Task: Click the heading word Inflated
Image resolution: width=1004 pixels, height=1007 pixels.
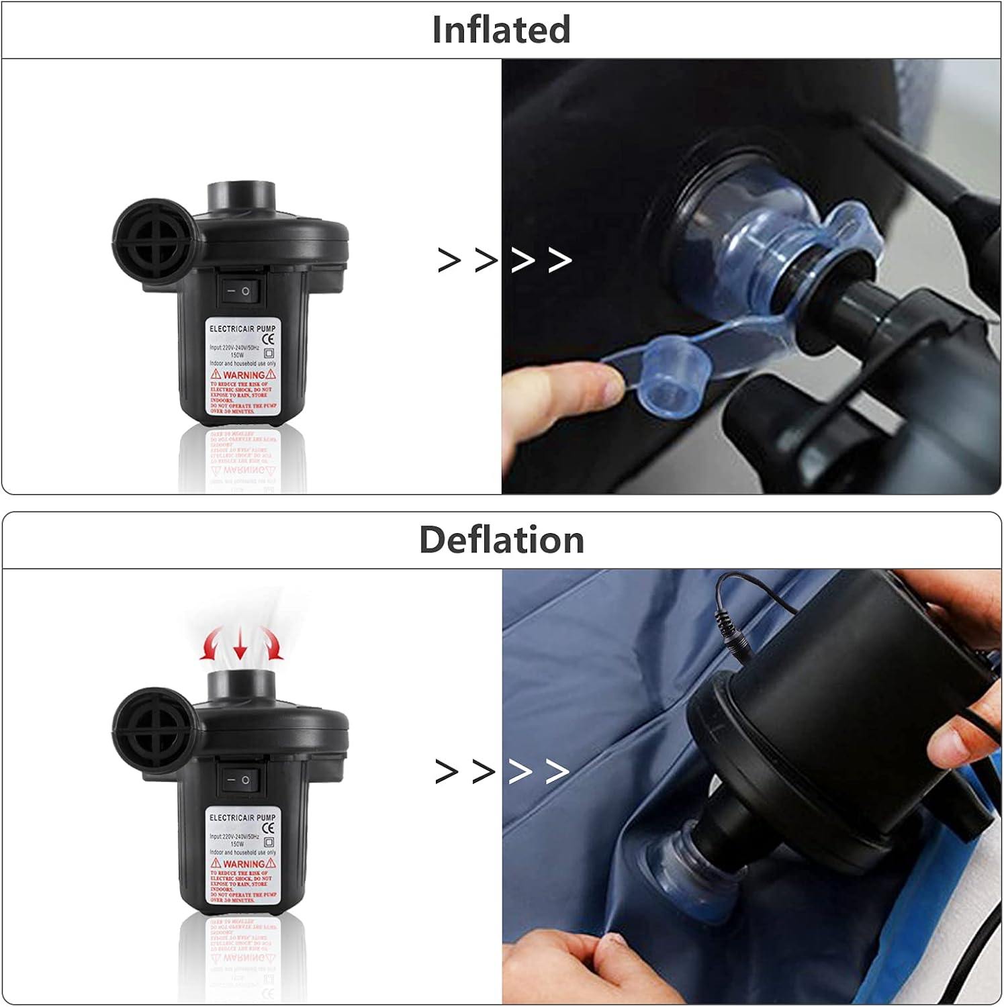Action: click(x=501, y=30)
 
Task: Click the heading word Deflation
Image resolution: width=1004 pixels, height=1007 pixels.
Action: click(x=501, y=540)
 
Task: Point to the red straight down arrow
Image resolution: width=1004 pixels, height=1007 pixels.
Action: click(x=240, y=644)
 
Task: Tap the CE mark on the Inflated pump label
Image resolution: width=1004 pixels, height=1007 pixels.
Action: click(x=268, y=338)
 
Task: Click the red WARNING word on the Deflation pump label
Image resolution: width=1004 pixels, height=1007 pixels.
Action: click(x=243, y=863)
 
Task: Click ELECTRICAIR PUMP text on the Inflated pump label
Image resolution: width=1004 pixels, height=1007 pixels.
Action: click(x=242, y=328)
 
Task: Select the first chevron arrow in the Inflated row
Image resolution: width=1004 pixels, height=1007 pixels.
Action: click(x=449, y=260)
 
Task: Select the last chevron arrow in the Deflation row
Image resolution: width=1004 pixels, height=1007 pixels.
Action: click(x=557, y=771)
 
